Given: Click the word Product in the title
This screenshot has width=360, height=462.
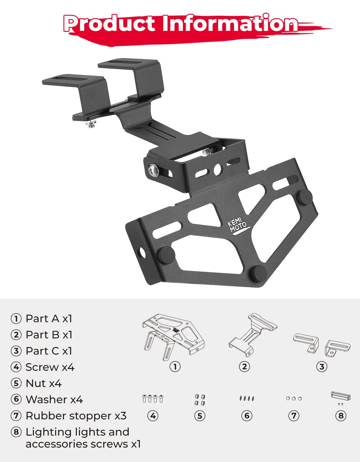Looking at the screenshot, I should click(110, 24).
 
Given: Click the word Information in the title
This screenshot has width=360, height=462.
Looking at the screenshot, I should click(229, 24).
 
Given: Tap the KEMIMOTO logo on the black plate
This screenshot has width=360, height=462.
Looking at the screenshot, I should click(238, 226).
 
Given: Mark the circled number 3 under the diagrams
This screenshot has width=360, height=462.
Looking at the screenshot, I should click(321, 367).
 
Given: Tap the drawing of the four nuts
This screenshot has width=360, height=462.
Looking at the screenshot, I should click(200, 400).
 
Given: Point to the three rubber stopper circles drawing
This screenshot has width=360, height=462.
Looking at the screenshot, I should click(294, 399).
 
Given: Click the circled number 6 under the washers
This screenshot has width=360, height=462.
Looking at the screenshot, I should click(247, 416).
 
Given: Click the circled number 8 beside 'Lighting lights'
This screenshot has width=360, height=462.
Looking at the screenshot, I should click(16, 432).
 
